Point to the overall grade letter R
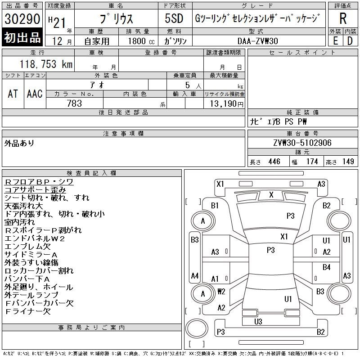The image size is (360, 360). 343,19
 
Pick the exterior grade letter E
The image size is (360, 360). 335,40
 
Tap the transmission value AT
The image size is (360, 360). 13,94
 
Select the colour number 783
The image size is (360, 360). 74,103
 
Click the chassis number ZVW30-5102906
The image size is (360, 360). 302,143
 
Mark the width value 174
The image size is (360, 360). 312,162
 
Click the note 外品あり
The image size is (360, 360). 19,143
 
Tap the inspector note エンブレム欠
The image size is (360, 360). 27,247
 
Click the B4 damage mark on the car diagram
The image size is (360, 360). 327,267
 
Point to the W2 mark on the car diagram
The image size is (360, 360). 221,292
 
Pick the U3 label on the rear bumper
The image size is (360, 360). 258,321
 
